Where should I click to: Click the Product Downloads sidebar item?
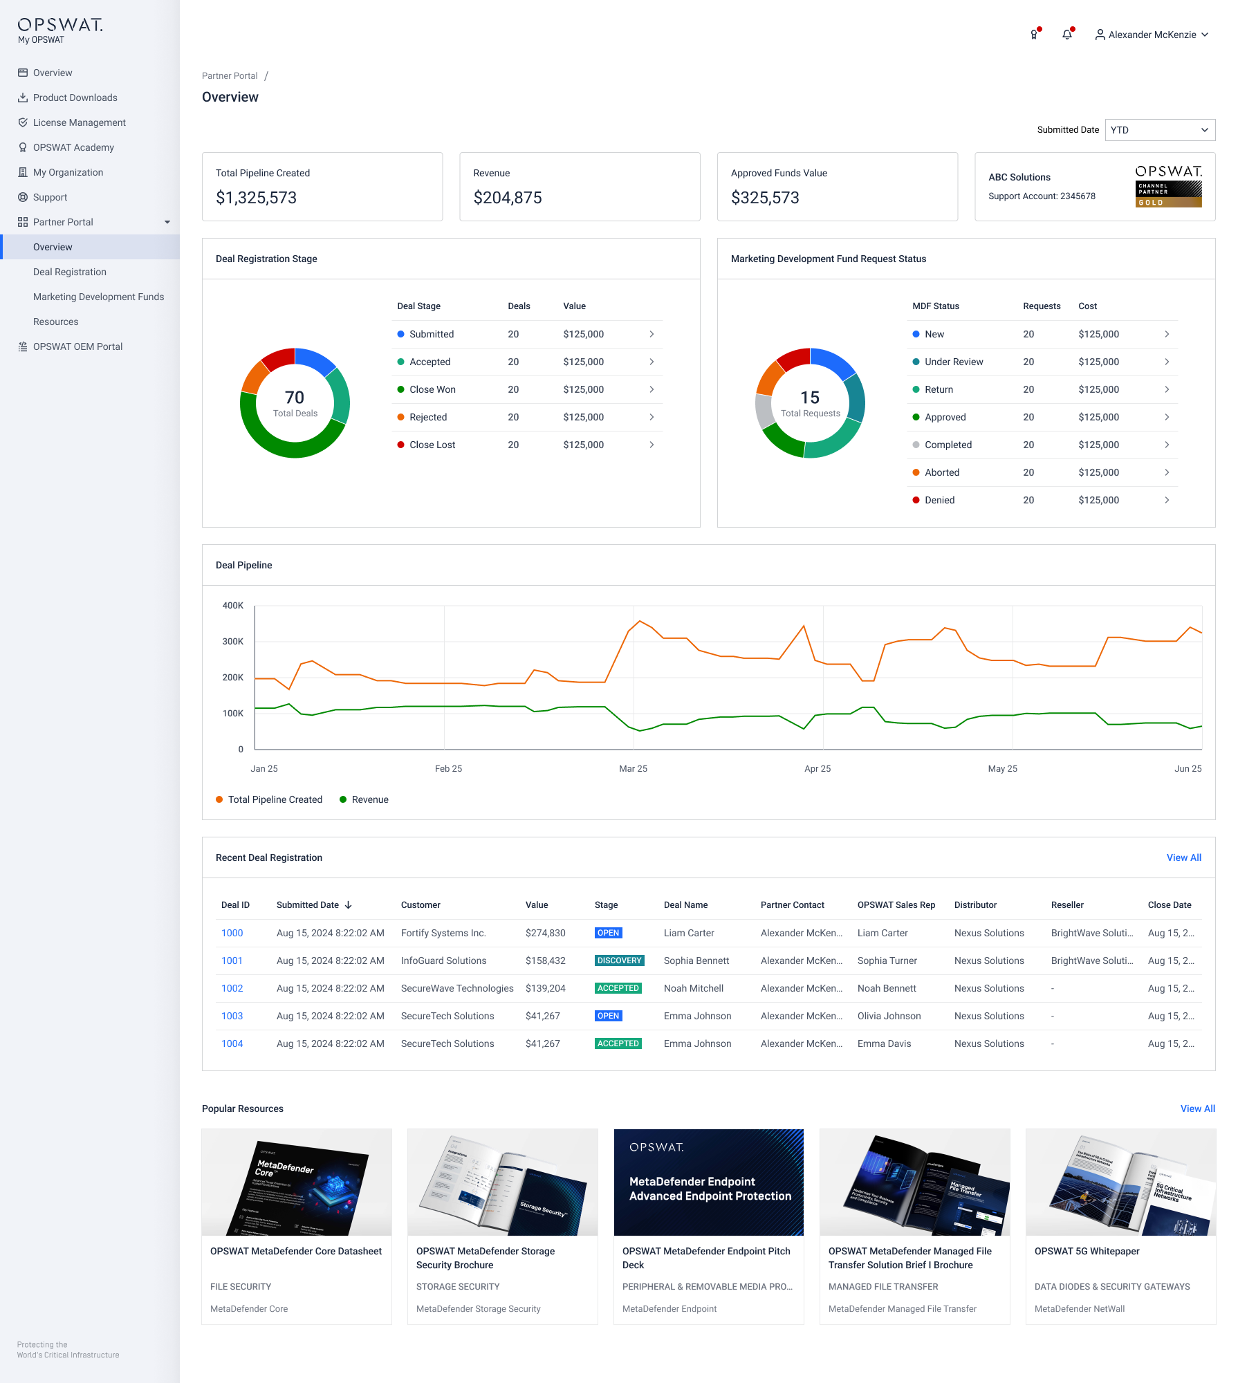coord(75,98)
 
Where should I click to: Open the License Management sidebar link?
coord(79,122)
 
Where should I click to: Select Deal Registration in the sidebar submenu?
coord(70,272)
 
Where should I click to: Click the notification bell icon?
coord(1067,35)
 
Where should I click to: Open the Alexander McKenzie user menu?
coord(1152,35)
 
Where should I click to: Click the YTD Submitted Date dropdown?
coord(1160,130)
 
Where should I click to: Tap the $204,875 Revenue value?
coord(508,198)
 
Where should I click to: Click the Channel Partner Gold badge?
coord(1168,194)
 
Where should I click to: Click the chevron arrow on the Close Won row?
coord(652,389)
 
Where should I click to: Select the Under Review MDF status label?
coord(954,362)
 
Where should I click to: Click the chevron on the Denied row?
coord(1167,500)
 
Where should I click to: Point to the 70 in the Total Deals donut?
coord(295,398)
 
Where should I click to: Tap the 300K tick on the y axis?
coord(233,642)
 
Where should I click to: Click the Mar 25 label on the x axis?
coord(633,769)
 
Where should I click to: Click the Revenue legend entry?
coord(370,800)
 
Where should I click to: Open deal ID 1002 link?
coord(232,988)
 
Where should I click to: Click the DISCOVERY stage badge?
coord(620,960)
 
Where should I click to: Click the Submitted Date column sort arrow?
coord(349,905)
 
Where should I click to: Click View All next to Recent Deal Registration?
coord(1183,857)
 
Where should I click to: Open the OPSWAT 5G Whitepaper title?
coord(1087,1251)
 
